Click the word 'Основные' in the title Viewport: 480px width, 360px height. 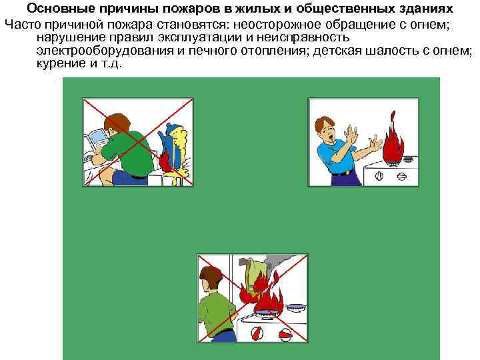tap(55, 9)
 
